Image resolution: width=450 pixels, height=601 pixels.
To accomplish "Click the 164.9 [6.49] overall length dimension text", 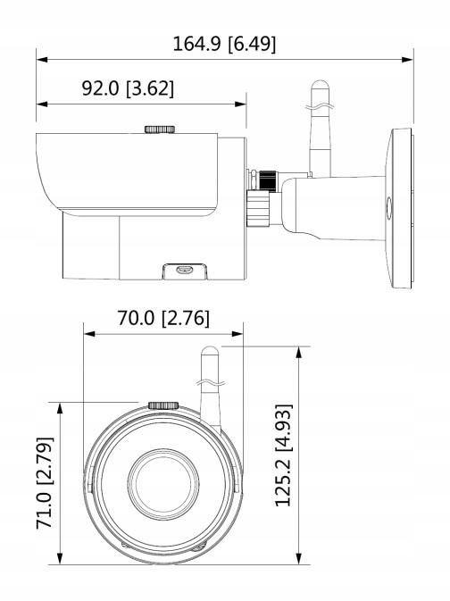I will click(224, 43).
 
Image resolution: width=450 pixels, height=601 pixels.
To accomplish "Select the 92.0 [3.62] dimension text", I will click(128, 88).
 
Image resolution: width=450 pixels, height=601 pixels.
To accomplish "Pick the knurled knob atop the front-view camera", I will click(162, 405).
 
